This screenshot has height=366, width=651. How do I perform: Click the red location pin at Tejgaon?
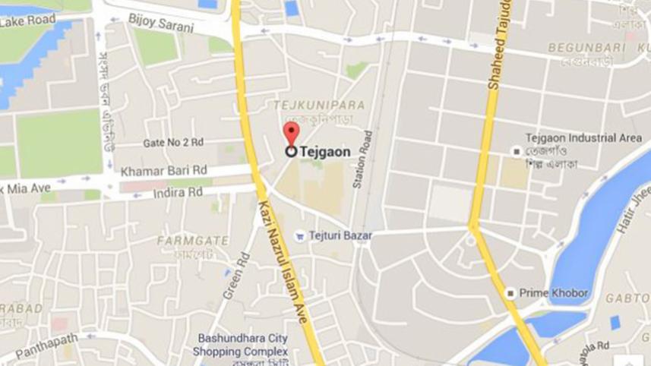click(291, 134)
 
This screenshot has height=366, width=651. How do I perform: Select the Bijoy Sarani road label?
click(161, 23)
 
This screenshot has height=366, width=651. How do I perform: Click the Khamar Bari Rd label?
click(164, 170)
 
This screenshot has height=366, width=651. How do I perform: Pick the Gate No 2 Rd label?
click(173, 143)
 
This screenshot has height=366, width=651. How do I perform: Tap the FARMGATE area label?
click(192, 241)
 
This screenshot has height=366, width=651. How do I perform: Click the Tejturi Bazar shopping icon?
click(300, 236)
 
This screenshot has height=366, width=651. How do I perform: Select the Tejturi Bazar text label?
click(340, 236)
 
